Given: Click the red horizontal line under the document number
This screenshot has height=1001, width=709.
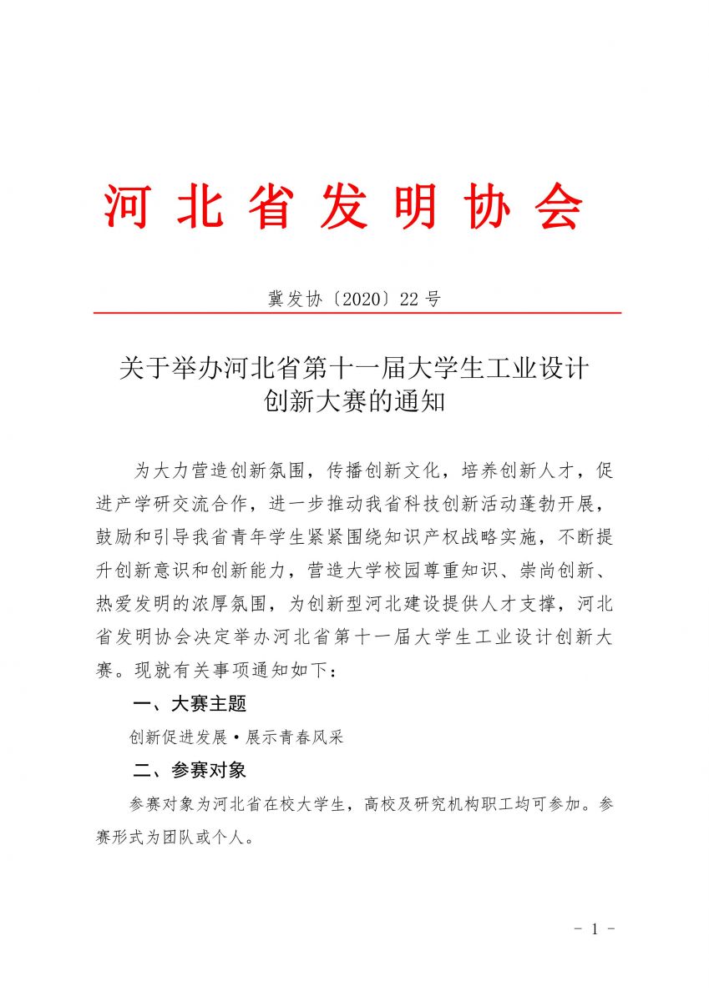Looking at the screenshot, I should (x=357, y=313).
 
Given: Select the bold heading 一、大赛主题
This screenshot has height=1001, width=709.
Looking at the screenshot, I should (x=190, y=704).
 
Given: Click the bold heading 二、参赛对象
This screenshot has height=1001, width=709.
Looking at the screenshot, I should (x=190, y=770).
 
